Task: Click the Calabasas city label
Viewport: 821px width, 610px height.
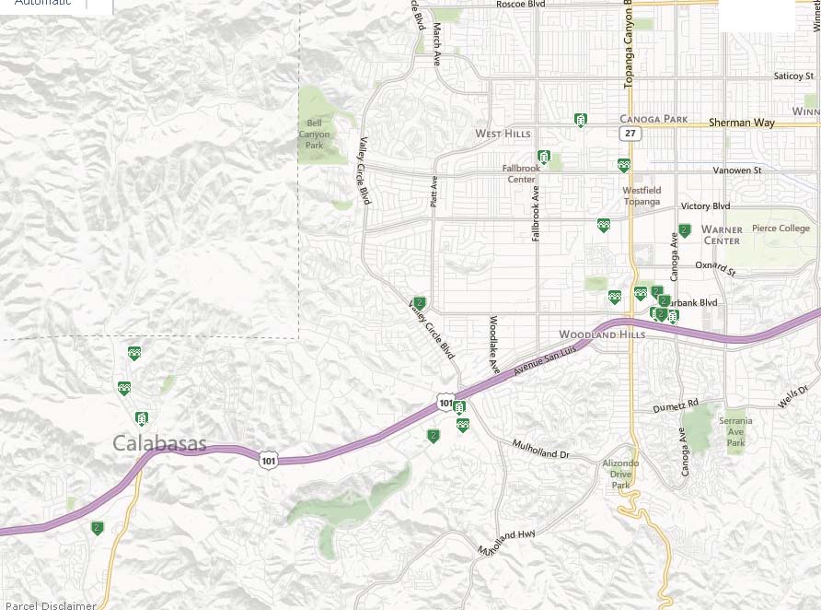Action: pos(160,444)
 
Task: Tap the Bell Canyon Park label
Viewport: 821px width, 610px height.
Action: pos(314,134)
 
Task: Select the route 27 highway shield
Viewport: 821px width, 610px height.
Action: pos(630,134)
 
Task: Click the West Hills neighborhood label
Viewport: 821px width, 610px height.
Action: pos(503,135)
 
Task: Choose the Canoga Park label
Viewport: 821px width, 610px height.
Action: pos(653,119)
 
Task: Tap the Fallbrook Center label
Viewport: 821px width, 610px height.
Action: pos(522,173)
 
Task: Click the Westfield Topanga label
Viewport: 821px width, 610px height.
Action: pos(642,195)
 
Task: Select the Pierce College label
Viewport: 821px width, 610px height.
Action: pos(781,229)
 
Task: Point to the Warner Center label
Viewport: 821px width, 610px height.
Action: pos(722,235)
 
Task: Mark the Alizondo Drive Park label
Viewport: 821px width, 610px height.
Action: pos(620,474)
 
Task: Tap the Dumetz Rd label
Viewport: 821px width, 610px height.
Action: pos(676,404)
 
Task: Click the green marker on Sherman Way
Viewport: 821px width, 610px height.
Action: pos(581,120)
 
